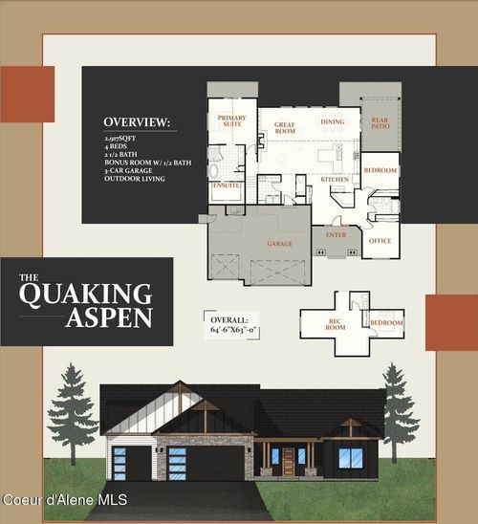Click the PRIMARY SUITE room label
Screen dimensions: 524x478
231,121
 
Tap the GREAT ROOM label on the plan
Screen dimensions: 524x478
285,127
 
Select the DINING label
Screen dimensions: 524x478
332,122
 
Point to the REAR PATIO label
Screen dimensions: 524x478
380,123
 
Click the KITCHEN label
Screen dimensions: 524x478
335,179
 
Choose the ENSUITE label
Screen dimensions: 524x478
227,185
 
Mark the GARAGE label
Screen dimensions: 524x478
278,244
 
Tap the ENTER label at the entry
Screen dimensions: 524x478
337,233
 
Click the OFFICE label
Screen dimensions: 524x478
380,241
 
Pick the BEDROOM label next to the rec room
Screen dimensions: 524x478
386,323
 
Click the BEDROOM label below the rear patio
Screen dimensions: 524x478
380,169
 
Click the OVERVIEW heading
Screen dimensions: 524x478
139,123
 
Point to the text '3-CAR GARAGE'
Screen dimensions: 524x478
128,170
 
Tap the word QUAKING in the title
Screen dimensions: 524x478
86,294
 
